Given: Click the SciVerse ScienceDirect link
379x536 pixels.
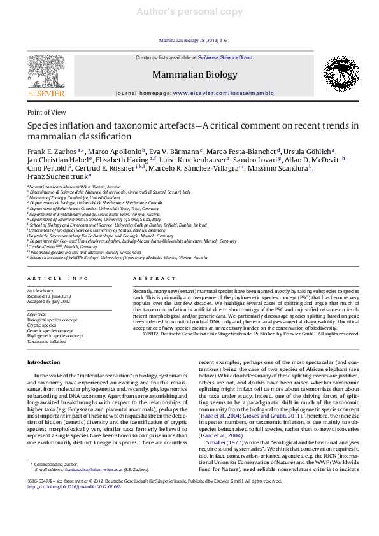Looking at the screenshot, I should [225, 58].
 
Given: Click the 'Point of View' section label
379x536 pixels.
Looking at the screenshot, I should [46, 112].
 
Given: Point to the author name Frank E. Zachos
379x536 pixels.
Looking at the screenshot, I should [48, 152].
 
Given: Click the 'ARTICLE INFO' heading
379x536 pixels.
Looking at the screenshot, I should [58, 279].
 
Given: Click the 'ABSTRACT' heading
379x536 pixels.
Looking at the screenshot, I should [152, 279].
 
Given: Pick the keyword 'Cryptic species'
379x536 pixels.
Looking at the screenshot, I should [43, 325].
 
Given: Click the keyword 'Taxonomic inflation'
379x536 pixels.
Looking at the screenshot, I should [46, 341].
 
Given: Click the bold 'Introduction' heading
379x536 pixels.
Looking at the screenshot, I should [43, 362].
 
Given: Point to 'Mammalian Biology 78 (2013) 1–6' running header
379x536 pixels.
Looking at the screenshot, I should [189, 40].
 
